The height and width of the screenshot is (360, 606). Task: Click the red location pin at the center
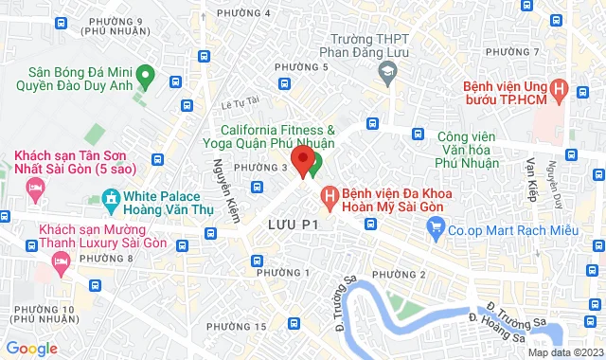[x=302, y=159]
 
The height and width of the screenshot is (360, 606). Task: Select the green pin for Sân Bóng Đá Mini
[x=145, y=74]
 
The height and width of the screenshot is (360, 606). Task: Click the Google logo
[x=32, y=348]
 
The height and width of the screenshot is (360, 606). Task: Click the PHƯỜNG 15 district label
[x=236, y=326]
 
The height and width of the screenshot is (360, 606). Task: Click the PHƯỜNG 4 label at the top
[x=243, y=12]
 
